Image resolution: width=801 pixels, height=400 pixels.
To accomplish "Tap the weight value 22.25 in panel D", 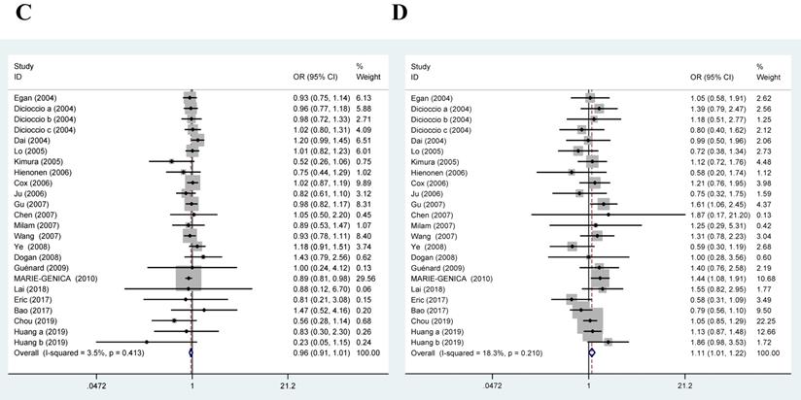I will coord(769,319).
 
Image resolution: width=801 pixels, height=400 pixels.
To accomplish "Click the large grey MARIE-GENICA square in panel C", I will coord(190,278).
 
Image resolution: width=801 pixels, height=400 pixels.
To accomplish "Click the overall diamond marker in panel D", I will coord(592,352).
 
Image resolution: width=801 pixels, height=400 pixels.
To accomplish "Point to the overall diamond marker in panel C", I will coord(191,352).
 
